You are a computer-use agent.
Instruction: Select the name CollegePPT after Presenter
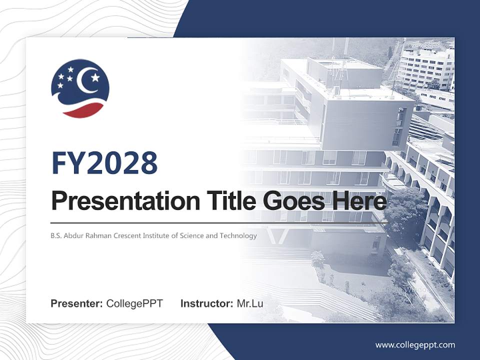coord(134,303)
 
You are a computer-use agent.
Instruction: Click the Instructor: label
coord(206,303)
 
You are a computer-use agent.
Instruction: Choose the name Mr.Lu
coord(249,303)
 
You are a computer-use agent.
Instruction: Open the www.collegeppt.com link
coord(415,344)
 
